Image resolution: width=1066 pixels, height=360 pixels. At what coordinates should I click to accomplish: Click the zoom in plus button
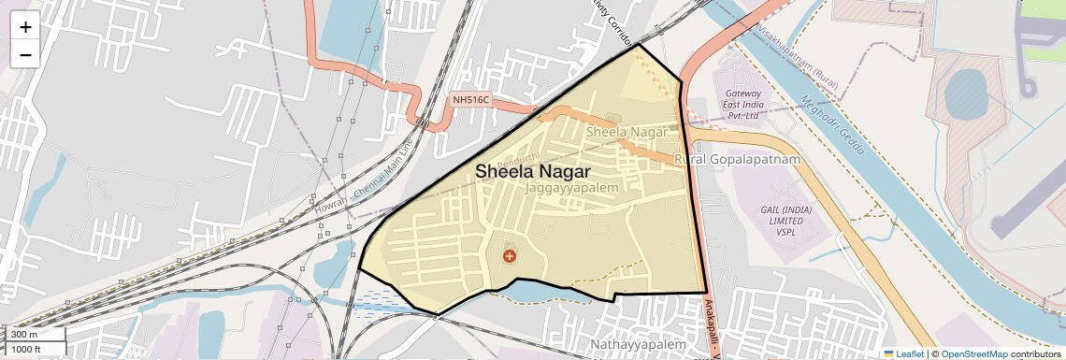pos(25,26)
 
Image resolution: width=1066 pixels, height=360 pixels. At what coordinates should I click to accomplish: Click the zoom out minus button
pos(25,54)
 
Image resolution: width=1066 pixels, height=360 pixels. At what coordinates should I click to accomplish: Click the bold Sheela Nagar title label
pos(532,172)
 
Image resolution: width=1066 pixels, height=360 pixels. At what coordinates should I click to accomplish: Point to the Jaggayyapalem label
pos(572,189)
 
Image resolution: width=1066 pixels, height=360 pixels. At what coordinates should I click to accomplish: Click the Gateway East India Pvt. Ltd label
pos(742,108)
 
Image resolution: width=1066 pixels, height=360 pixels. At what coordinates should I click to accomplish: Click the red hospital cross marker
pos(509,255)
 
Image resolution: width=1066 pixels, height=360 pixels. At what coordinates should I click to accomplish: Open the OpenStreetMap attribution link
pos(973,353)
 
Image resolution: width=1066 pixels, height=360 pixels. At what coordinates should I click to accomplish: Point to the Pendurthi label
pos(519,158)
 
